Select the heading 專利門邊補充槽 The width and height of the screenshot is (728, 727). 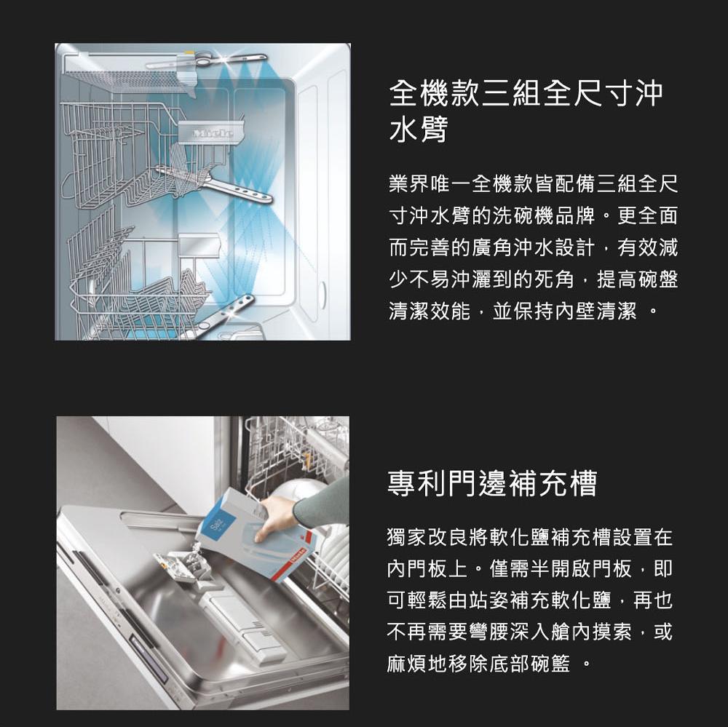click(491, 483)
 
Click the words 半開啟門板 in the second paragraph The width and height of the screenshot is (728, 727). click(581, 568)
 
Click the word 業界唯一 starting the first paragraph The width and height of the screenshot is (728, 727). click(430, 184)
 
